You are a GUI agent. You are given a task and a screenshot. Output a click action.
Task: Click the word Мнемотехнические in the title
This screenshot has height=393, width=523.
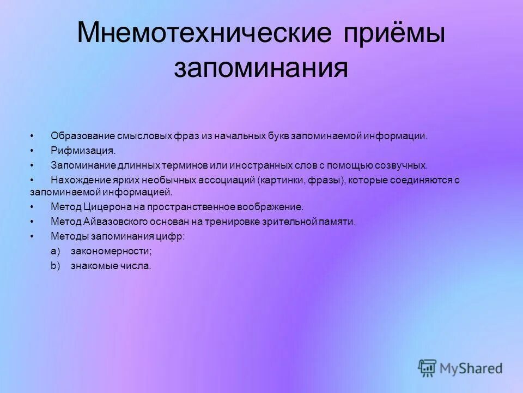[x=205, y=34]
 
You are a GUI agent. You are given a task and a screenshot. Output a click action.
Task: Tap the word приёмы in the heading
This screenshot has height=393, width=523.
[x=394, y=34]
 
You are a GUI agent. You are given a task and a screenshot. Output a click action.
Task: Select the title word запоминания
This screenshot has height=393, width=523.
[x=261, y=69]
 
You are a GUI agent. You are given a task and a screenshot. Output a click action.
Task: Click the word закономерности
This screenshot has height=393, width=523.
[x=111, y=251]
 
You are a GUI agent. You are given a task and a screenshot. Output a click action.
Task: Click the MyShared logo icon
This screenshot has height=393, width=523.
[x=428, y=368]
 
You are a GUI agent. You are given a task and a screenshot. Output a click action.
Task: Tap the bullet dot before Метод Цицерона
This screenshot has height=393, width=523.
[x=33, y=207]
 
